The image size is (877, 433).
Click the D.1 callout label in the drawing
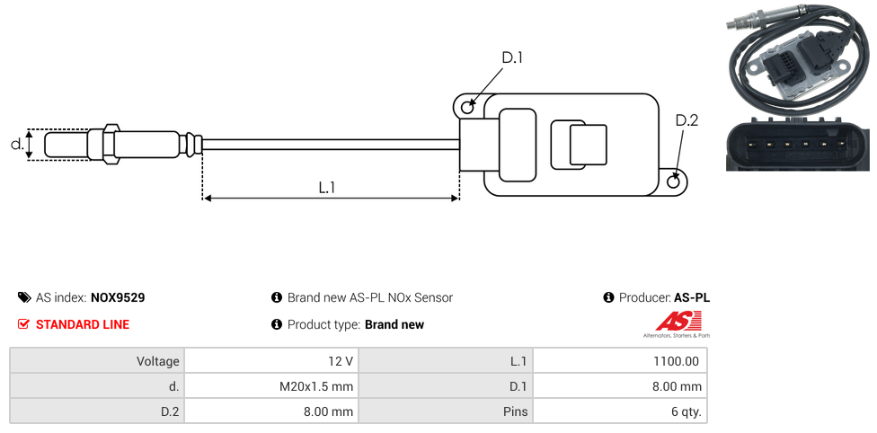pyautogui.click(x=512, y=58)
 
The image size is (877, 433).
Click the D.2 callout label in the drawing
pyautogui.click(x=687, y=120)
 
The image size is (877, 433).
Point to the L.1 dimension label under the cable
pyautogui.click(x=327, y=187)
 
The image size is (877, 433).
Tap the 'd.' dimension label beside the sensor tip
pyautogui.click(x=16, y=144)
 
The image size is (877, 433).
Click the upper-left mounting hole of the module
pyautogui.click(x=467, y=108)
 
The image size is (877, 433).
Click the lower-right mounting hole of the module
pyautogui.click(x=675, y=182)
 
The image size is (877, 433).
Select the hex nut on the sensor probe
pyautogui.click(x=111, y=144)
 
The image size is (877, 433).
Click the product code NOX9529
pyautogui.click(x=118, y=297)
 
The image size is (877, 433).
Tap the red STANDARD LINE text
pyautogui.click(x=83, y=324)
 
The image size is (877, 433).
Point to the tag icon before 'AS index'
pyautogui.click(x=24, y=297)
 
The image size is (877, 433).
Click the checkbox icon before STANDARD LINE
pyautogui.click(x=24, y=324)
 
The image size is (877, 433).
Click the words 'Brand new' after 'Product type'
pyautogui.click(x=394, y=324)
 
